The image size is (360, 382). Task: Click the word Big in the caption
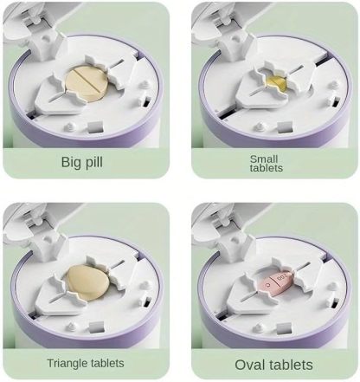(x=71, y=162)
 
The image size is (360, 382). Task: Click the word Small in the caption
(x=264, y=159)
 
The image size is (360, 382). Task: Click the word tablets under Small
(x=264, y=170)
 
